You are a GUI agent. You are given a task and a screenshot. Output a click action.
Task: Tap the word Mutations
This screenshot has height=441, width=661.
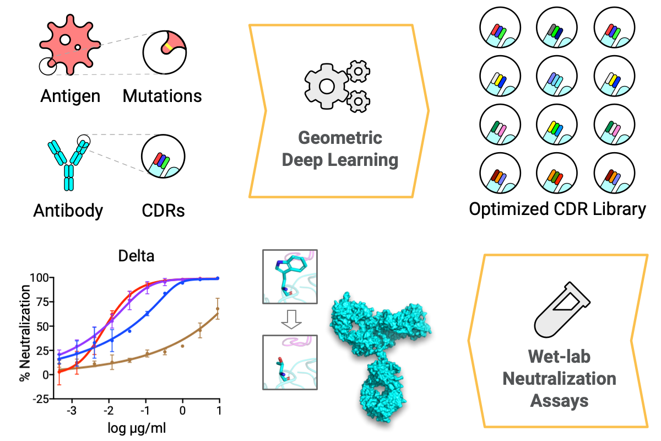point(162,96)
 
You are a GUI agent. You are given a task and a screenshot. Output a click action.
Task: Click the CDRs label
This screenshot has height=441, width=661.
point(162,211)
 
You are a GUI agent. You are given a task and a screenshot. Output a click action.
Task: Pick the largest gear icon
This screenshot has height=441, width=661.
point(327,86)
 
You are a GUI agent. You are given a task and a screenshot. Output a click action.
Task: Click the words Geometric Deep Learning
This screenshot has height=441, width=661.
point(339,149)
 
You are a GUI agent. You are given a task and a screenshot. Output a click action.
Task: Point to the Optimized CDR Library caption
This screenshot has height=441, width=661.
point(557,209)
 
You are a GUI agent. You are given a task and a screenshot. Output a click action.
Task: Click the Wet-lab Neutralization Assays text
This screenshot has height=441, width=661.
point(559,379)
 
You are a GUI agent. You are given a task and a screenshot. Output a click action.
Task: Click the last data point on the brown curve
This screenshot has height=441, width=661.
point(218,315)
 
